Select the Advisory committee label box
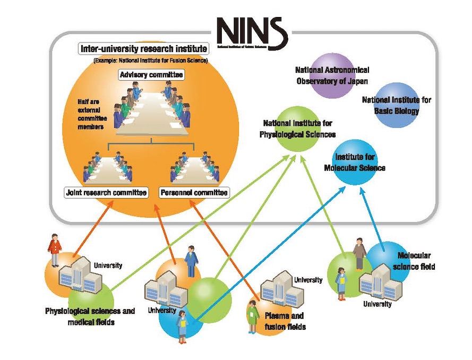(152, 75)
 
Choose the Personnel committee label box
(194, 192)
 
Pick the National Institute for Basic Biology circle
(397, 105)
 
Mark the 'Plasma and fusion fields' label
(285, 321)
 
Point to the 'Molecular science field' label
(416, 261)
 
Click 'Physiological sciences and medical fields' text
(90, 316)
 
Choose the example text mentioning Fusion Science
(151, 61)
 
